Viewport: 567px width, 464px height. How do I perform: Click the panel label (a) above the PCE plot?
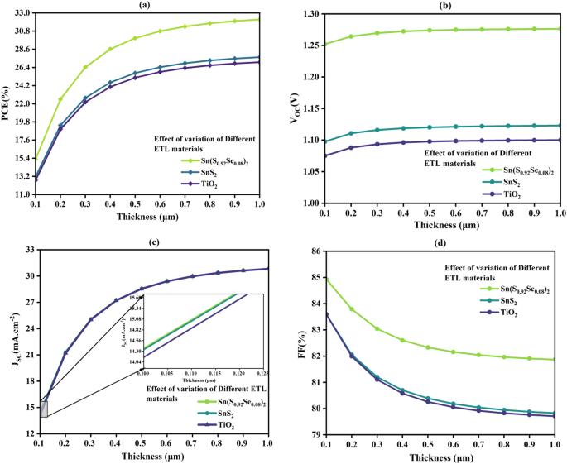144,5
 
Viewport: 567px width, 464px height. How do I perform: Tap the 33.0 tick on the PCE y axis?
22,14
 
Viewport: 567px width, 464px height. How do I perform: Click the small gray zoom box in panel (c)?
44,409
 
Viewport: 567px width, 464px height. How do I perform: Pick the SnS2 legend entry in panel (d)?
502,301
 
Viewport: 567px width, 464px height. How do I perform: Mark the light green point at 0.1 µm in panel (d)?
325,279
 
